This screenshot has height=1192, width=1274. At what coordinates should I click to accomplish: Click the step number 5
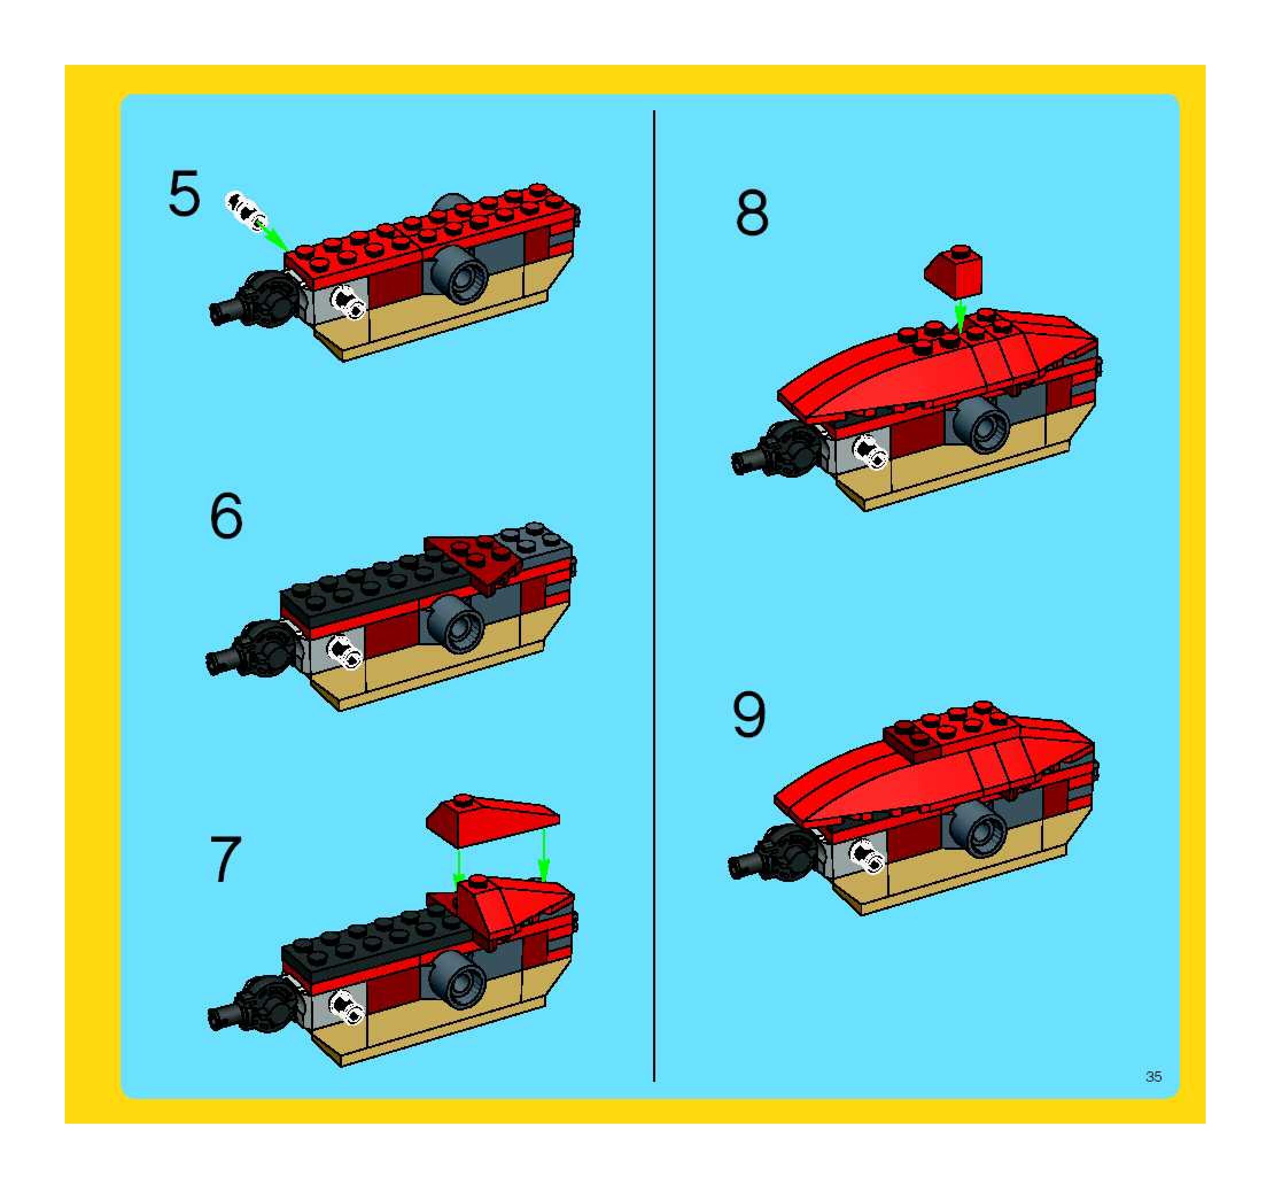(184, 193)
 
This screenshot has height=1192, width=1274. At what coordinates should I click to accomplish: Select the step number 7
(226, 858)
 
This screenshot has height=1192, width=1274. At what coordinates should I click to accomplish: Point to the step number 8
(752, 213)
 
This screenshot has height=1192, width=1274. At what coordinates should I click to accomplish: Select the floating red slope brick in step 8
(954, 271)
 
